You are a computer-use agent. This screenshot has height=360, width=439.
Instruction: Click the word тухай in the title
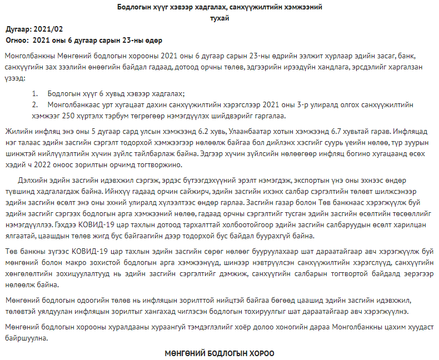tap(219, 18)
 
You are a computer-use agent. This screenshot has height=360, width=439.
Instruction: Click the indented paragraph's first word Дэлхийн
tap(31, 182)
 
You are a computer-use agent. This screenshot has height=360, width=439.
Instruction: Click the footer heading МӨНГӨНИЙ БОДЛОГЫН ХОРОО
tap(219, 353)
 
